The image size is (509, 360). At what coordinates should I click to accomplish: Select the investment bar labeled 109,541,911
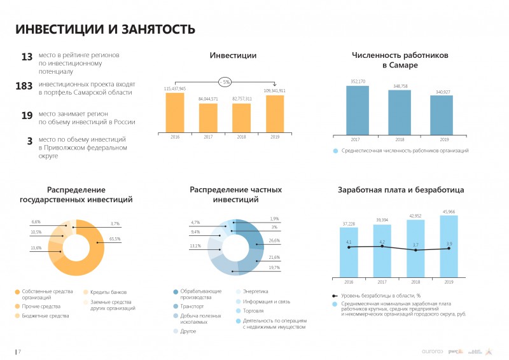click(275, 114)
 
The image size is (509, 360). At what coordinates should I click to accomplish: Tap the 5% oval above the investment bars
click(225, 82)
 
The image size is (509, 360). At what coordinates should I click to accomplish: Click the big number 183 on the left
click(24, 85)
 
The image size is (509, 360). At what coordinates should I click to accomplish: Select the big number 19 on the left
click(27, 116)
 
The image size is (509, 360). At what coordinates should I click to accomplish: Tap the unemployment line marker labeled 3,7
click(415, 250)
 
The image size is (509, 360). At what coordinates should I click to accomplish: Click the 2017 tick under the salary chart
click(382, 282)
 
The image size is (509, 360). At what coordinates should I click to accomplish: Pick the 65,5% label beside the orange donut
click(115, 239)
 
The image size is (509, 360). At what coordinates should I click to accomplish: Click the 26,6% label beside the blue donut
click(274, 240)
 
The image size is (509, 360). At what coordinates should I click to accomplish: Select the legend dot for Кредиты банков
click(85, 293)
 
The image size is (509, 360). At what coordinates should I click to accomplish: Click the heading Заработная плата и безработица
click(401, 190)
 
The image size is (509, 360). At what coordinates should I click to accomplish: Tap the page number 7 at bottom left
click(19, 351)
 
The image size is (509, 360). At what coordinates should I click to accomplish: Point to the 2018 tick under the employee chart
click(400, 139)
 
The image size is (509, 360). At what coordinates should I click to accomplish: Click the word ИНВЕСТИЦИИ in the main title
click(55, 29)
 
